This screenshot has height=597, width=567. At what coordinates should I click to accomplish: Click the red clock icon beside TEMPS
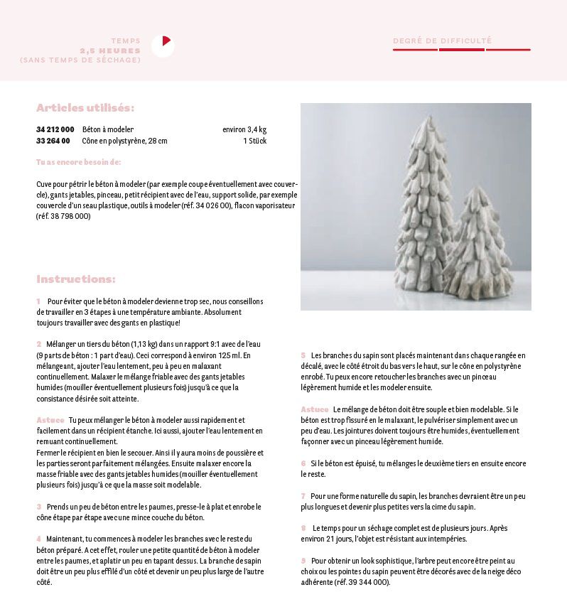click(x=163, y=45)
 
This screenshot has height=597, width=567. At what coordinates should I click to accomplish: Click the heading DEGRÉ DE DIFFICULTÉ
click(x=442, y=41)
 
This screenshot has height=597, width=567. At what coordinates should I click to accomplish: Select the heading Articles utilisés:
click(x=85, y=108)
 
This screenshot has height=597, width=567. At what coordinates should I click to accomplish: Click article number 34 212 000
click(x=55, y=129)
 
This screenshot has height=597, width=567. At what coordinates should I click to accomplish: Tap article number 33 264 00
click(x=53, y=141)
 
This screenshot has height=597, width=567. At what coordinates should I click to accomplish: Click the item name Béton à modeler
click(x=108, y=129)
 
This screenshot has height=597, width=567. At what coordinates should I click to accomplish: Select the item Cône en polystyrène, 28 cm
click(x=124, y=141)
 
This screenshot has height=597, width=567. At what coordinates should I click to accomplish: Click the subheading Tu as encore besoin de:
click(x=79, y=162)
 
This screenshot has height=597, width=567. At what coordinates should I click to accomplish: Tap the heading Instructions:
click(x=76, y=279)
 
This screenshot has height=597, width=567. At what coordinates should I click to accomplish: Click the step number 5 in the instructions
click(x=303, y=355)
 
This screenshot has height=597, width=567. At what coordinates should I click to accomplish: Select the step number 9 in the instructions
click(x=303, y=561)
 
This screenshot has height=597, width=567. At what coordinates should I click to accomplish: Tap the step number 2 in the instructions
click(x=39, y=344)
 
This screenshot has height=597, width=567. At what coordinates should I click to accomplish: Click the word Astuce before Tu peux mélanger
click(x=50, y=420)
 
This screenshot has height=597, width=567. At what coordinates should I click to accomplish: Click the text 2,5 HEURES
click(x=110, y=50)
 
